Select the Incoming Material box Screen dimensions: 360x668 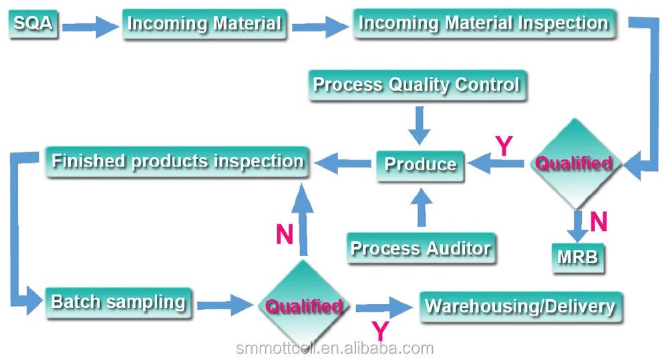pyautogui.click(x=204, y=25)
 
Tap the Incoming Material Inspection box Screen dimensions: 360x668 pyautogui.click(x=483, y=24)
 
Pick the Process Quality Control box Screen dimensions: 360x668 pyautogui.click(x=416, y=85)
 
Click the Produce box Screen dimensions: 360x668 pyautogui.click(x=420, y=164)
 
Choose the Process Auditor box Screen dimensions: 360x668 pyautogui.click(x=421, y=248)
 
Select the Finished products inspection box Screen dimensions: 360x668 pyautogui.click(x=177, y=162)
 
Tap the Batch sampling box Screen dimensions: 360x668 pyautogui.click(x=118, y=302)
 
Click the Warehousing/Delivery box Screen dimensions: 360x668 pyautogui.click(x=520, y=307)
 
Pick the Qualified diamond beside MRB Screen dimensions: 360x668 pyautogui.click(x=574, y=164)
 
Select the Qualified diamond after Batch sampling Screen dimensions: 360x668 pyautogui.click(x=304, y=307)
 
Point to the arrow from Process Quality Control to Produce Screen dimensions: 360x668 pyautogui.click(x=420, y=125)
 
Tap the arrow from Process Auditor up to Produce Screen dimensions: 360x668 pyautogui.click(x=420, y=206)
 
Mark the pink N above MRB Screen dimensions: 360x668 pyautogui.click(x=599, y=222)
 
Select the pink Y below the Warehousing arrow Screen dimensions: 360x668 pyautogui.click(x=379, y=331)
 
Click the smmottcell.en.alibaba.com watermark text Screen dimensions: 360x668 pyautogui.click(x=335, y=348)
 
